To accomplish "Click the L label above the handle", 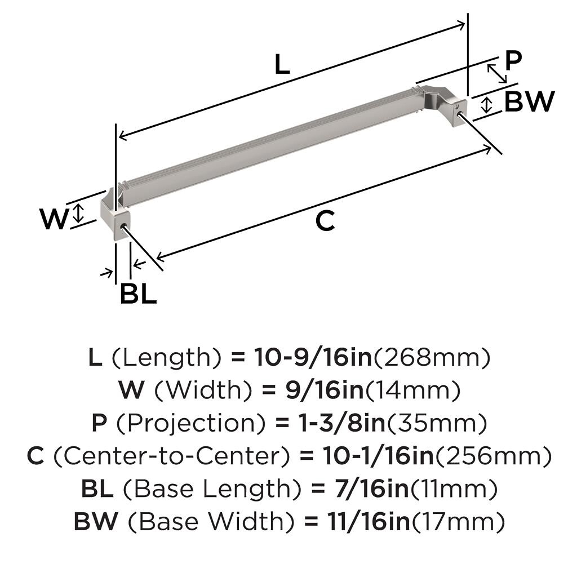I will coord(282,66).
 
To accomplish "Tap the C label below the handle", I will coord(325,221).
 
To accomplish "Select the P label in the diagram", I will coord(513,61).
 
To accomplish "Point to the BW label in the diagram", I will coord(529,102).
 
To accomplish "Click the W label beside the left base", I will coord(54,219).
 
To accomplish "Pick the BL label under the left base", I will coord(138,294).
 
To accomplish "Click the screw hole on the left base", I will coord(123,226).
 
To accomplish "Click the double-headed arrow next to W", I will coord(79,213).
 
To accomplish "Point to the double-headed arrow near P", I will coord(496,73).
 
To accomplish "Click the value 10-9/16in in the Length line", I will coord(313,357).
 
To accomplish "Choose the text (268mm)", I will coord(432,357).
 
